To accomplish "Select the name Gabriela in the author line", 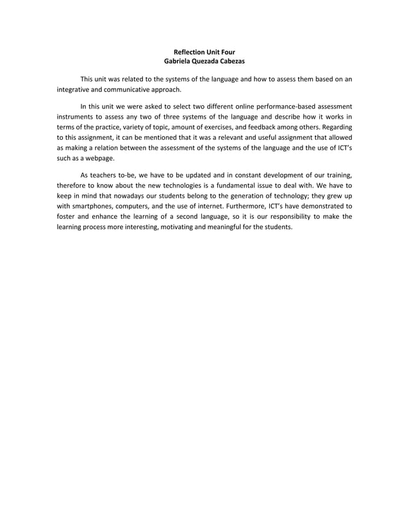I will tap(179, 61).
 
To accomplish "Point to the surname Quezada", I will tap(210, 61).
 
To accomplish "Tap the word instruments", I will tap(76, 117).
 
